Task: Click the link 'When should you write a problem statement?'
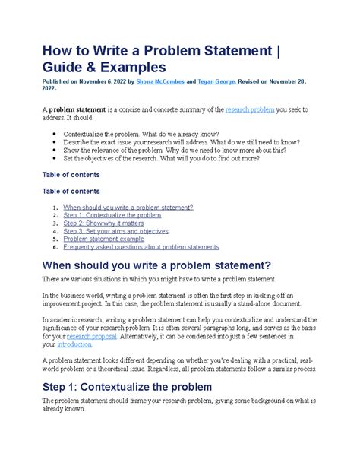pos(128,207)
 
